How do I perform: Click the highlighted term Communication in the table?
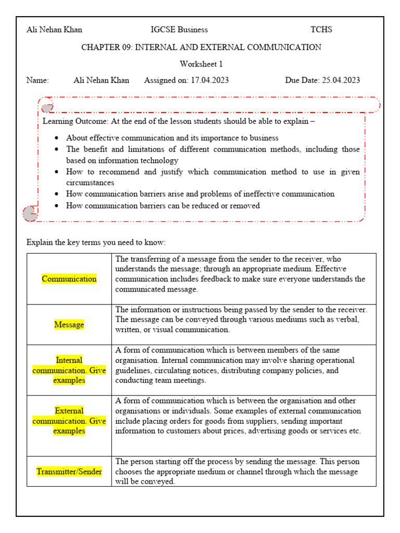tap(69, 279)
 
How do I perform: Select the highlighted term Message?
tap(69, 325)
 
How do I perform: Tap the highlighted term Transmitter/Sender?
tap(69, 472)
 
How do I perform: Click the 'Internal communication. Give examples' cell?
tap(69, 370)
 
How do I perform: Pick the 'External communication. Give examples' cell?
tap(69, 421)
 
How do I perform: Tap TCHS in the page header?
tap(321, 30)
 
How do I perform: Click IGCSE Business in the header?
tap(179, 30)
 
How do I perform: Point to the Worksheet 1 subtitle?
tap(201, 64)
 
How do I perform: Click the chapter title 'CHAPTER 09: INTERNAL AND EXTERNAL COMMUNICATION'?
tap(201, 47)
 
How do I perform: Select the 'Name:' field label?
tap(37, 80)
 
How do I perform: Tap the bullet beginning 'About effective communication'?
tap(172, 138)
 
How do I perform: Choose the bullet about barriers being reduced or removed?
tap(162, 206)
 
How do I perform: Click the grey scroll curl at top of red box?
tap(47, 108)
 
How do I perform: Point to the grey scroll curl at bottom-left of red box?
tap(30, 212)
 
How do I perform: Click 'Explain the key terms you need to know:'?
tap(96, 243)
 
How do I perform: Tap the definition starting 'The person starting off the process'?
tap(237, 472)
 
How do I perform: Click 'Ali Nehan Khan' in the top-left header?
tap(54, 30)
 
